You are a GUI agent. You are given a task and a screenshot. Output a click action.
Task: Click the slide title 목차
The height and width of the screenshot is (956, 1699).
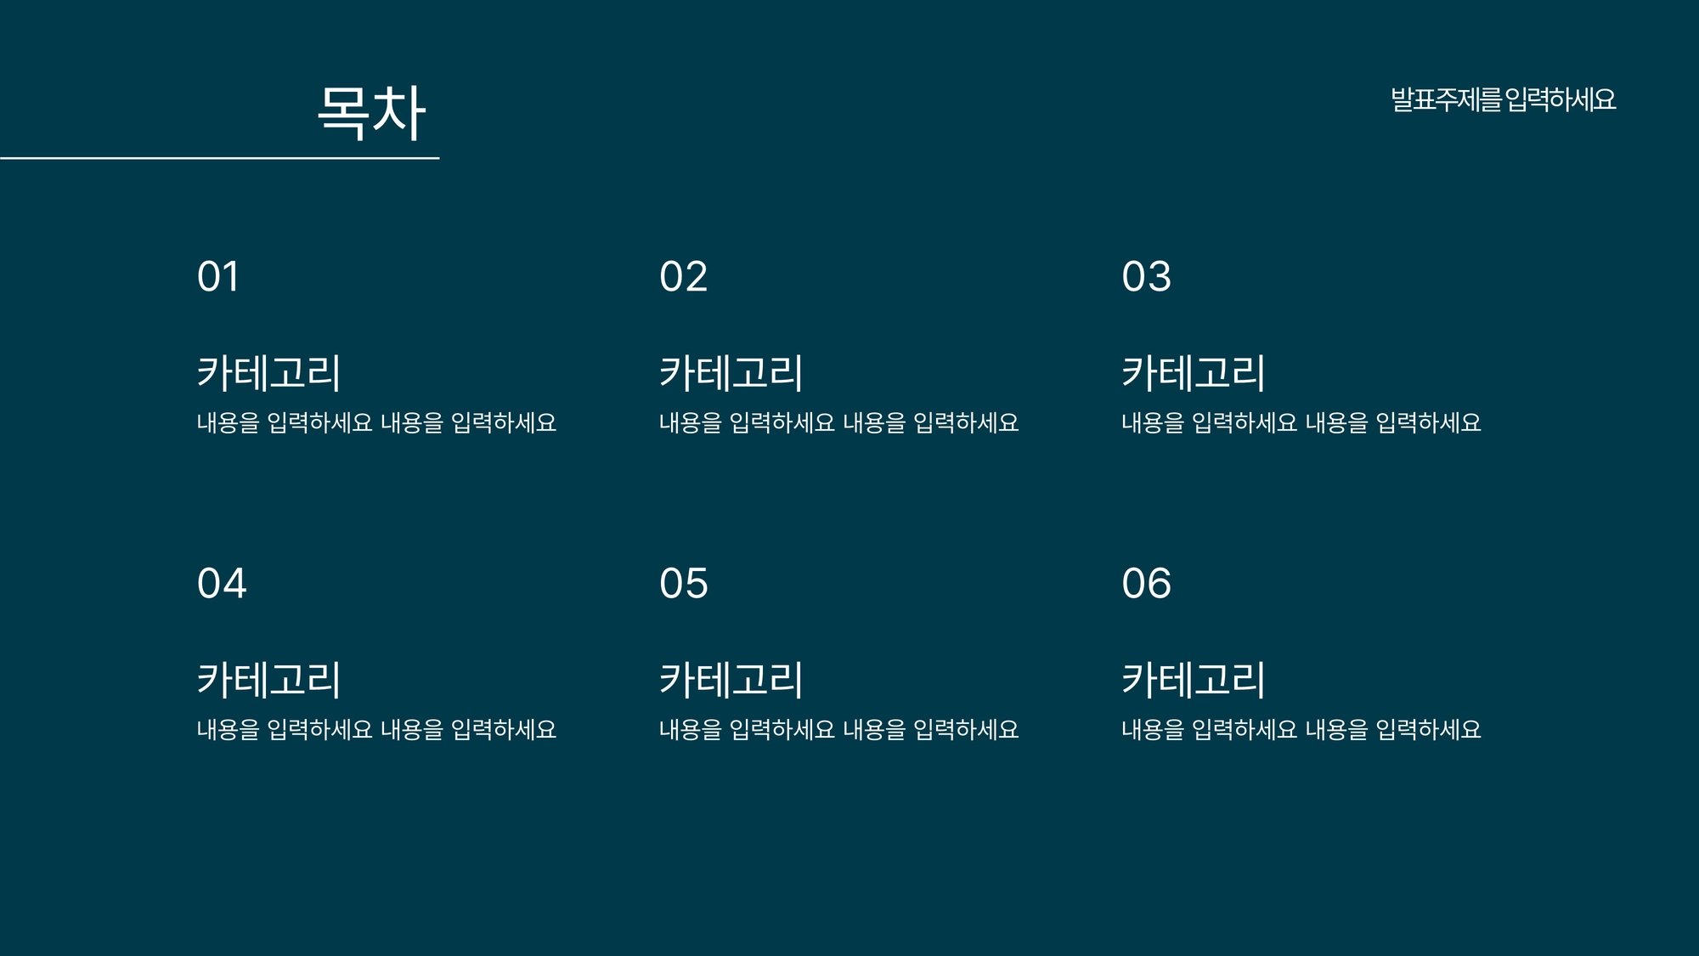pyautogui.click(x=371, y=111)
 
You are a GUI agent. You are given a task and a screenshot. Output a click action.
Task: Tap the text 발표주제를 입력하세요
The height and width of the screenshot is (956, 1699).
pyautogui.click(x=1503, y=99)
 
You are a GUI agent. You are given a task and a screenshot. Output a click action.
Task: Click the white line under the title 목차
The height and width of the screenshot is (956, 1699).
pyautogui.click(x=219, y=158)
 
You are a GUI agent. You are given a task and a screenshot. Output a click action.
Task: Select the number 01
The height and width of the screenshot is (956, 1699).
pyautogui.click(x=217, y=277)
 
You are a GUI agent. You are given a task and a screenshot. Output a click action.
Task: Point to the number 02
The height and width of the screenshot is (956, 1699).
pyautogui.click(x=683, y=277)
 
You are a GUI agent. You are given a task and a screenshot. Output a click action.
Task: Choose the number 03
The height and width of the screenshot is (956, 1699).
pyautogui.click(x=1146, y=277)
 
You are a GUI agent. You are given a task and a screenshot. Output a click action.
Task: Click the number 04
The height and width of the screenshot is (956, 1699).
pyautogui.click(x=222, y=584)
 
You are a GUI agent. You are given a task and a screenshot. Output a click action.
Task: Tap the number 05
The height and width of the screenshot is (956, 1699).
pyautogui.click(x=683, y=584)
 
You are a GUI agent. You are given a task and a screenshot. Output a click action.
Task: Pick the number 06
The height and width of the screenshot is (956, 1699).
pyautogui.click(x=1146, y=584)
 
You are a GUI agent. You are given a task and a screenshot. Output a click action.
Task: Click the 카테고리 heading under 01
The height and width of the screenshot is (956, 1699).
pyautogui.click(x=268, y=373)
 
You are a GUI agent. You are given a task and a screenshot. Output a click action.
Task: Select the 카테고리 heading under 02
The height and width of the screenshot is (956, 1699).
pyautogui.click(x=731, y=373)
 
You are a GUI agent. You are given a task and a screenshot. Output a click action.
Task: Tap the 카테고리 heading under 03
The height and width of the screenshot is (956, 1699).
pyautogui.click(x=1194, y=373)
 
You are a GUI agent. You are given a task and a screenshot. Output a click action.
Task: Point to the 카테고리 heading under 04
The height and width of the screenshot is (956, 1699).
pyautogui.click(x=268, y=680)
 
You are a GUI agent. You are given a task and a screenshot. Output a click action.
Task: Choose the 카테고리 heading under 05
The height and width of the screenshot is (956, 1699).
pyautogui.click(x=731, y=680)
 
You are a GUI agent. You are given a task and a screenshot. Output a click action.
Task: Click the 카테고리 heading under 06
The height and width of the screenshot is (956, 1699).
pyautogui.click(x=1194, y=680)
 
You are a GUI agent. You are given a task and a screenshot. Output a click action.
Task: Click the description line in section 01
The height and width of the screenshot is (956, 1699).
pyautogui.click(x=376, y=422)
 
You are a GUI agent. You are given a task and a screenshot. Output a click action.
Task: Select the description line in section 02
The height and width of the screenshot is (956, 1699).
pyautogui.click(x=838, y=422)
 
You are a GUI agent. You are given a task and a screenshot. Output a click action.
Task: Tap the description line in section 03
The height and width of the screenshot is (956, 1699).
pyautogui.click(x=1301, y=422)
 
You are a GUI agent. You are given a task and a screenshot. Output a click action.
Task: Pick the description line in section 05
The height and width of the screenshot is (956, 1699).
pyautogui.click(x=838, y=729)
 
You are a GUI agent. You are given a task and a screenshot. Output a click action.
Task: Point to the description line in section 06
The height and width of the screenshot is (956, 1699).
pyautogui.click(x=1301, y=729)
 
